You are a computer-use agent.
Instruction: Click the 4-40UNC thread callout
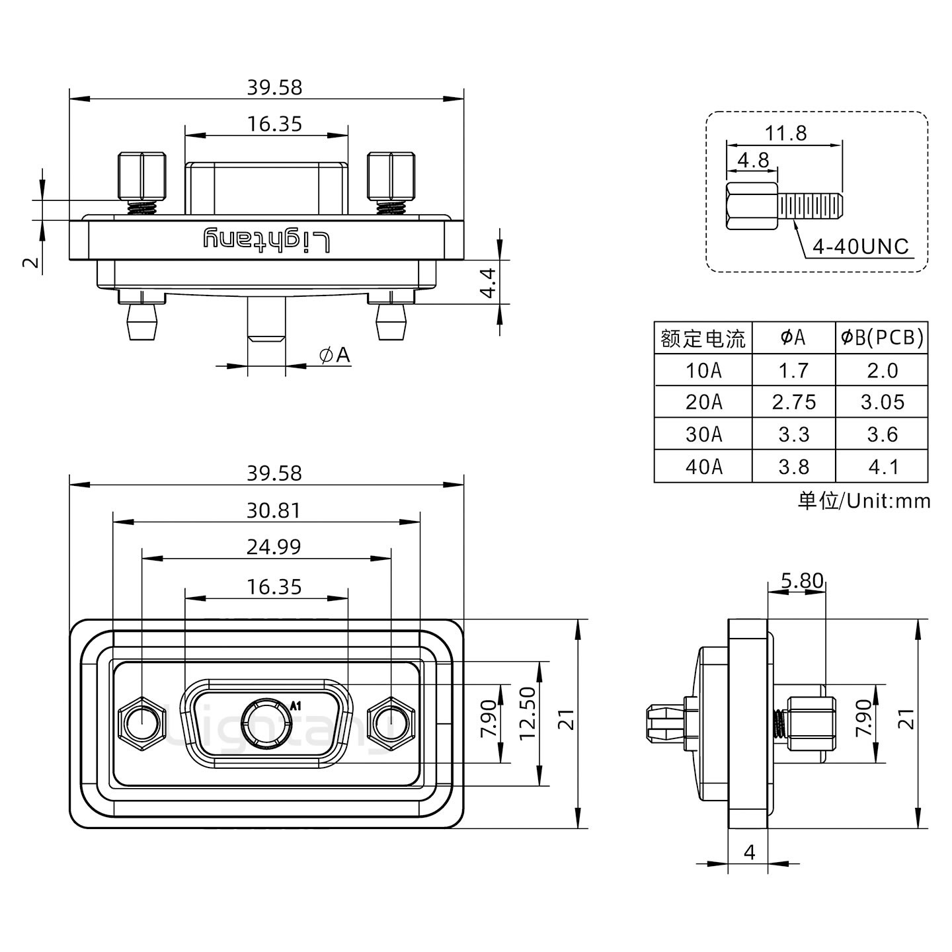click(860, 247)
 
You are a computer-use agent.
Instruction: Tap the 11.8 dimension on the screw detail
click(785, 134)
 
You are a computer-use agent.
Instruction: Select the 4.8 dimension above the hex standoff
click(752, 160)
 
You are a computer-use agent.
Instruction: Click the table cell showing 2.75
click(793, 402)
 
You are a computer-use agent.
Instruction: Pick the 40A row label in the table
click(703, 467)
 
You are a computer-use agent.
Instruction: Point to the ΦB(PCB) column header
click(882, 338)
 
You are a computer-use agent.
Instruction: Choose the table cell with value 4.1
click(882, 467)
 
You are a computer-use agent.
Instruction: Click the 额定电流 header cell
click(703, 338)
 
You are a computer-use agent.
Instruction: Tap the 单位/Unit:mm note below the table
click(863, 500)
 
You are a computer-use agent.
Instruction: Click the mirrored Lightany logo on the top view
click(266, 240)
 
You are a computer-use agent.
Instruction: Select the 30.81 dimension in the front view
click(274, 510)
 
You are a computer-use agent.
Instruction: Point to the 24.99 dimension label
click(274, 547)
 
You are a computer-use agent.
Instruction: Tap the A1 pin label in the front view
click(296, 705)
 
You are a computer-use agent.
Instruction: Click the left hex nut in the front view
click(141, 723)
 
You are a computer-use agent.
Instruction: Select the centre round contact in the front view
click(266, 724)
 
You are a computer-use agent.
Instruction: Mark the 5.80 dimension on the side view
click(801, 581)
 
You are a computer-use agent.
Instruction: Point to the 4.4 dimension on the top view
click(488, 282)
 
